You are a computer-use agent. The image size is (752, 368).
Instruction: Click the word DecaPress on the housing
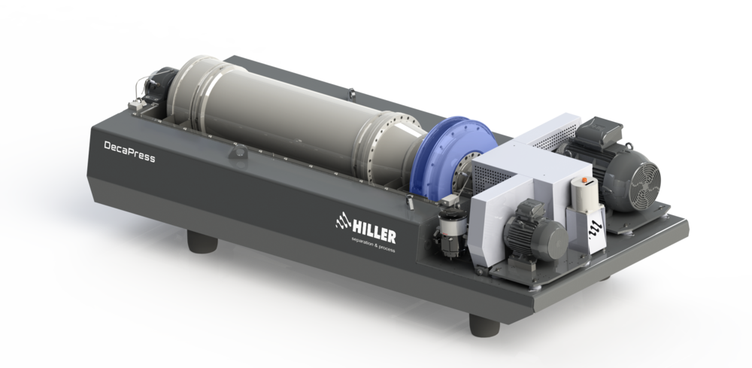[129, 152]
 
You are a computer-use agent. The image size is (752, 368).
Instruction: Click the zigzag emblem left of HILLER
[344, 221]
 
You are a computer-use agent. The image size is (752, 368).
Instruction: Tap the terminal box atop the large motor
[598, 128]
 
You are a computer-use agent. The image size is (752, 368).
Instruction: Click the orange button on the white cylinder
[584, 180]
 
